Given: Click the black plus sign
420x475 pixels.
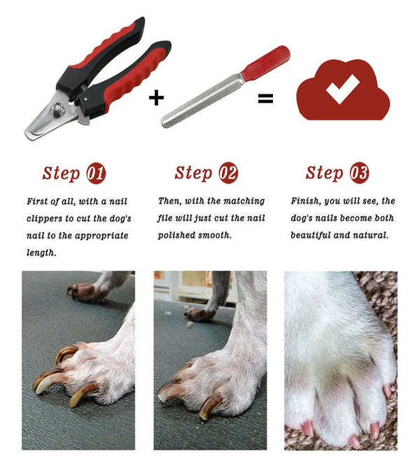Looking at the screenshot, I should coord(156,97).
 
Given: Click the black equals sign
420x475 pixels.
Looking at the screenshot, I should coord(265,99).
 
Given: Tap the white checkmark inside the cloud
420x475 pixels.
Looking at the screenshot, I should coord(342,90).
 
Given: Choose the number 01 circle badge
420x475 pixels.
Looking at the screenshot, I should coord(96,173).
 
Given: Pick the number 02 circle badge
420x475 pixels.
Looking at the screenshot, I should coord(228,173).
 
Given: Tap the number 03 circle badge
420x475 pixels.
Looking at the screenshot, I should coord(359,173).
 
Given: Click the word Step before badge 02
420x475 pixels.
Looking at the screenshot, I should coord(193,173).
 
